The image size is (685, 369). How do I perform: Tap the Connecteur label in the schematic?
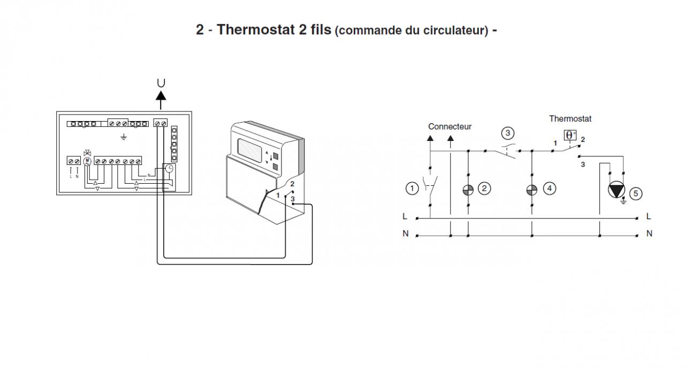(x=450, y=127)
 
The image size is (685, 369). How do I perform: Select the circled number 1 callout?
(x=411, y=188)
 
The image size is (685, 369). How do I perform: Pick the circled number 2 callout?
(x=484, y=188)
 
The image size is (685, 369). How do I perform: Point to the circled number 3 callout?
(x=508, y=133)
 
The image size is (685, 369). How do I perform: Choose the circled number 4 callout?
(x=549, y=188)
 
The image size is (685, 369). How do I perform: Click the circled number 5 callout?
(x=635, y=193)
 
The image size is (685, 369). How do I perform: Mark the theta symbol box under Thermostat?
(x=570, y=135)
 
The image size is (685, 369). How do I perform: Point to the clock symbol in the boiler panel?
(x=169, y=168)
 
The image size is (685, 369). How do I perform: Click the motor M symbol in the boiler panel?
(x=87, y=161)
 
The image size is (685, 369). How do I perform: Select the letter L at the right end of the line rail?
(x=649, y=217)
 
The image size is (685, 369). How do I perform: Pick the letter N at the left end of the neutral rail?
(x=405, y=234)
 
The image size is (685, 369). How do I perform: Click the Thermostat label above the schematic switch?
(x=570, y=118)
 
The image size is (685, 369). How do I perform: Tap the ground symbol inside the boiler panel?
(x=124, y=137)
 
